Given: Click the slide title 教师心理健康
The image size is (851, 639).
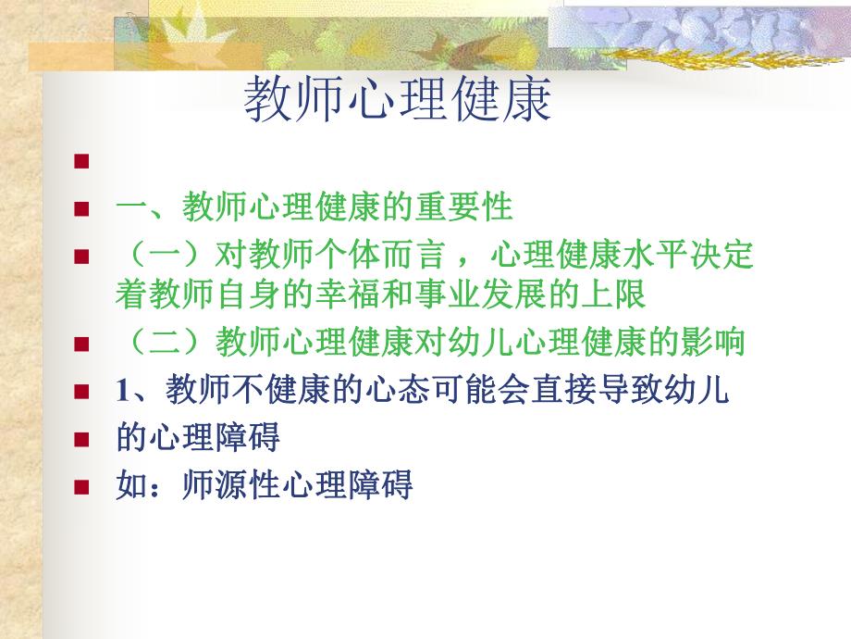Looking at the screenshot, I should pyautogui.click(x=398, y=100).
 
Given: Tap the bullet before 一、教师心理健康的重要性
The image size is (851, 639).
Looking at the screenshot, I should pyautogui.click(x=82, y=208).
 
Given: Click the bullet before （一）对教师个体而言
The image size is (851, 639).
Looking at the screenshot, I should pyautogui.click(x=82, y=257).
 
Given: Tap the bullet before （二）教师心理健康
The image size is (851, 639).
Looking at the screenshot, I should pyautogui.click(x=82, y=345).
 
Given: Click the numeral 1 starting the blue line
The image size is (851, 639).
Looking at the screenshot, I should pyautogui.click(x=121, y=392).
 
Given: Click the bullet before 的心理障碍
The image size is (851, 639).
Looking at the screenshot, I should pyautogui.click(x=82, y=439).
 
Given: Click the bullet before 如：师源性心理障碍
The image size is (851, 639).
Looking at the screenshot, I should pyautogui.click(x=82, y=487).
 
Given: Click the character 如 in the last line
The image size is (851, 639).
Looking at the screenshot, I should pyautogui.click(x=129, y=485).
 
